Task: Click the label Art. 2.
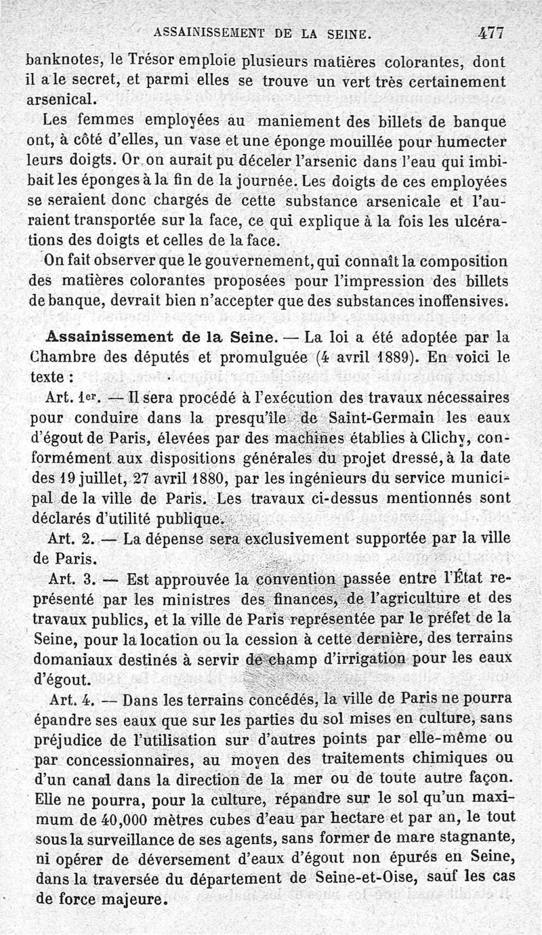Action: pyautogui.click(x=70, y=540)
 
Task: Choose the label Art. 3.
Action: pyautogui.click(x=70, y=579)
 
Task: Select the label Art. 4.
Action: pyautogui.click(x=70, y=698)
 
